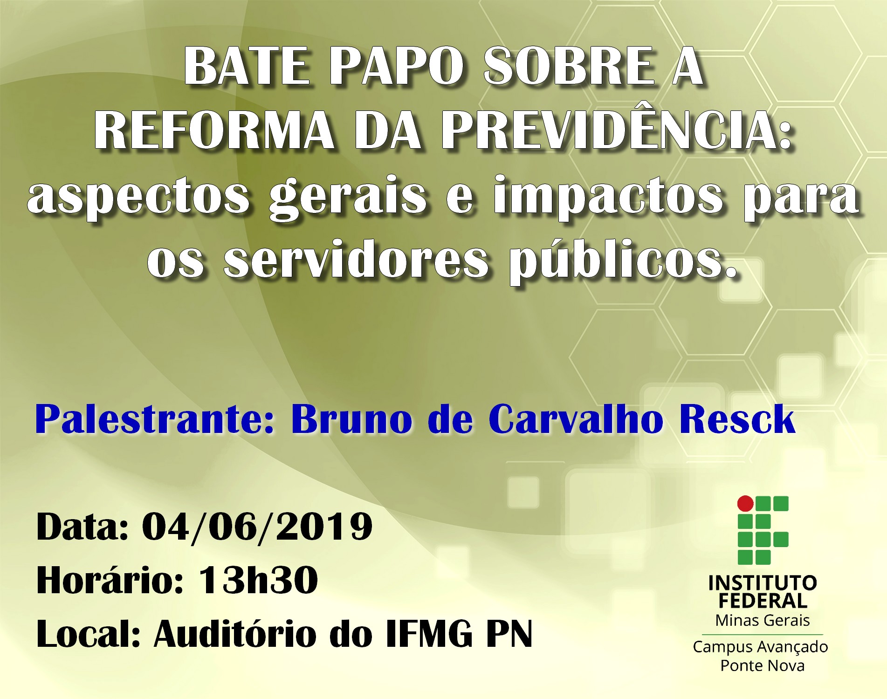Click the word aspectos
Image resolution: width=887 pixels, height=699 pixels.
[138, 198]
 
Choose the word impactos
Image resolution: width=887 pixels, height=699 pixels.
[608, 198]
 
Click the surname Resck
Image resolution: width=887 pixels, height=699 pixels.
[736, 420]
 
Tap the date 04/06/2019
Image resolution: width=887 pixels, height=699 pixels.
[257, 527]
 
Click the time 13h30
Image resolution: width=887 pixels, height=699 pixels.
[259, 581]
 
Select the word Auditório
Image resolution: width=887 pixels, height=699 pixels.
[235, 634]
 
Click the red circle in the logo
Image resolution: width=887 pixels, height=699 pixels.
[745, 503]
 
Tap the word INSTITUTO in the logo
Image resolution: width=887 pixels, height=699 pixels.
[763, 583]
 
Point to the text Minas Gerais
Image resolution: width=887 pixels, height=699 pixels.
[763, 621]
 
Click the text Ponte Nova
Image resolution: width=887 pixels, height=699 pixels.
[763, 665]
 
